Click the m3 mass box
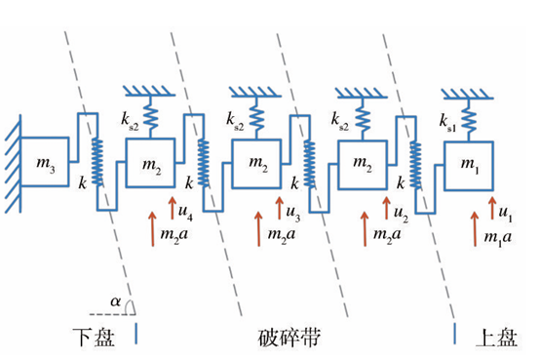click(x=45, y=162)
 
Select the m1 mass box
click(x=469, y=166)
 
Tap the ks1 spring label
click(x=447, y=123)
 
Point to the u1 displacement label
click(x=506, y=213)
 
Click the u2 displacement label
click(x=401, y=214)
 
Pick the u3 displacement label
click(x=293, y=213)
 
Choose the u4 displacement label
click(x=185, y=212)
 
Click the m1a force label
click(x=498, y=238)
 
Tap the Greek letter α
click(x=116, y=301)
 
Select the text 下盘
click(x=94, y=337)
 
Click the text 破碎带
click(x=289, y=338)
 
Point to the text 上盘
click(x=496, y=338)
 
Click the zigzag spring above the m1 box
click(x=469, y=120)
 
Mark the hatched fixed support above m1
click(x=467, y=94)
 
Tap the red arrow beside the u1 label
click(x=492, y=208)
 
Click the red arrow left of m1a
click(x=475, y=229)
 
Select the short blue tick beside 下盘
click(x=136, y=334)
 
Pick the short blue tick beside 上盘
click(x=455, y=334)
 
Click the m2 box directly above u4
click(x=150, y=163)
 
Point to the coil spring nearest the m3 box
click(x=97, y=162)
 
